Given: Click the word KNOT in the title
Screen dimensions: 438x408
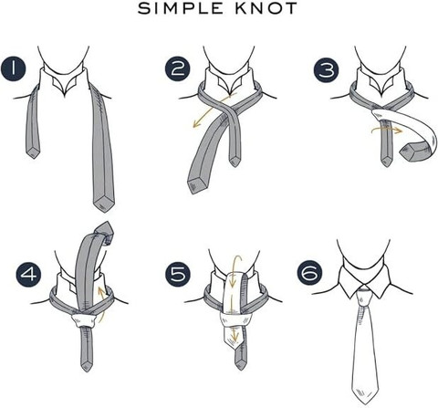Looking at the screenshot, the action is pyautogui.click(x=266, y=8).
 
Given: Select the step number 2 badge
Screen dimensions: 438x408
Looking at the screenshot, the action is pyautogui.click(x=178, y=69).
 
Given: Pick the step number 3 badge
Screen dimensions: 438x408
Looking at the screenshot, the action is pyautogui.click(x=327, y=69).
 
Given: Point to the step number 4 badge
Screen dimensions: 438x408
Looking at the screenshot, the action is pyautogui.click(x=28, y=275).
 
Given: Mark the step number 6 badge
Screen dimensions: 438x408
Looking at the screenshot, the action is pyautogui.click(x=309, y=271).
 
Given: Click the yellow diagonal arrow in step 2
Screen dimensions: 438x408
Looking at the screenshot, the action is pyautogui.click(x=213, y=110).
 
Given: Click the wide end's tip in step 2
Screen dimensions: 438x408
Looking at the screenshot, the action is pyautogui.click(x=191, y=193).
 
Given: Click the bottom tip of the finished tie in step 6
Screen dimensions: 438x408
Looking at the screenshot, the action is pyautogui.click(x=364, y=403).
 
